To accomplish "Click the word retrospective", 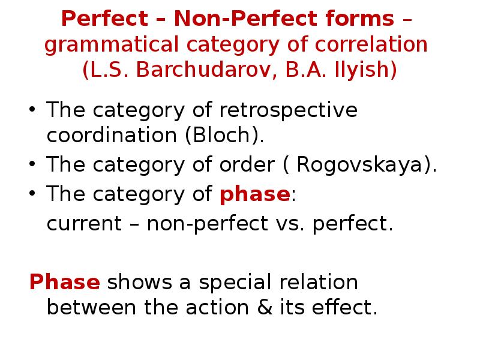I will pos(288,110).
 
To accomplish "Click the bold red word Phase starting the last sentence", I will pos(65,281).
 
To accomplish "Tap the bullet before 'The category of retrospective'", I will pos(34,111).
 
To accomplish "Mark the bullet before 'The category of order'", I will pos(34,165).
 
